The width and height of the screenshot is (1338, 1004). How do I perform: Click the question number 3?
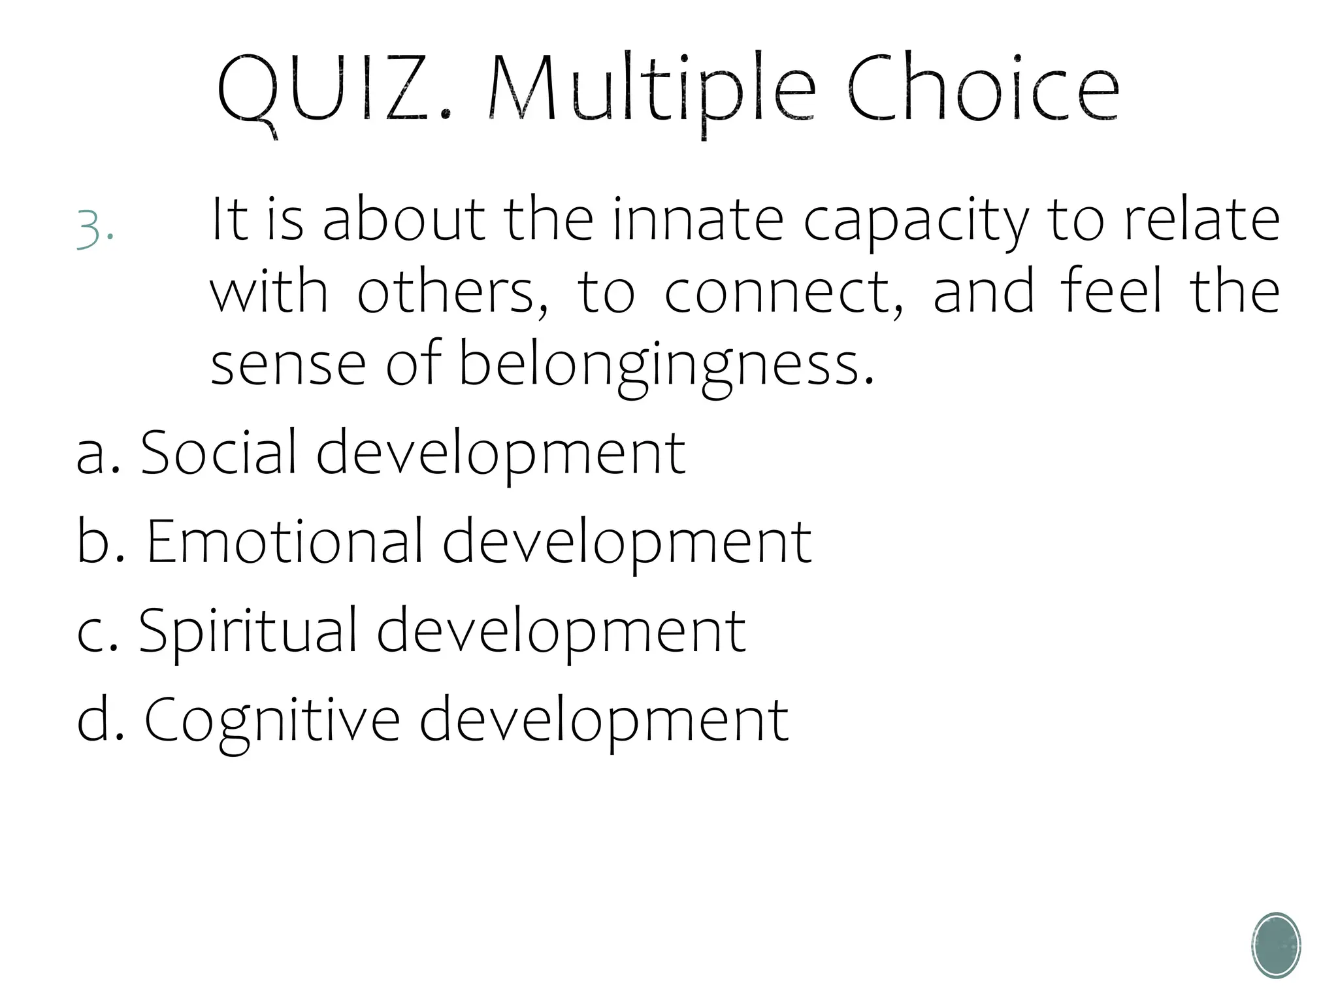(x=94, y=229)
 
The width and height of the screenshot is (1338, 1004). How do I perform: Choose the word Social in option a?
(x=220, y=452)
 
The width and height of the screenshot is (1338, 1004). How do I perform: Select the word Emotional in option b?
(x=285, y=541)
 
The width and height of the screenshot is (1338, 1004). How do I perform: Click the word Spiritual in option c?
(x=248, y=631)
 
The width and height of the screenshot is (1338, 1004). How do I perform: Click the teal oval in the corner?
(x=1276, y=945)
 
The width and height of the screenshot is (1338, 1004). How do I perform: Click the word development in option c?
(x=561, y=630)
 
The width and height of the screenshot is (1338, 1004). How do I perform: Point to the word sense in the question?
(x=287, y=365)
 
